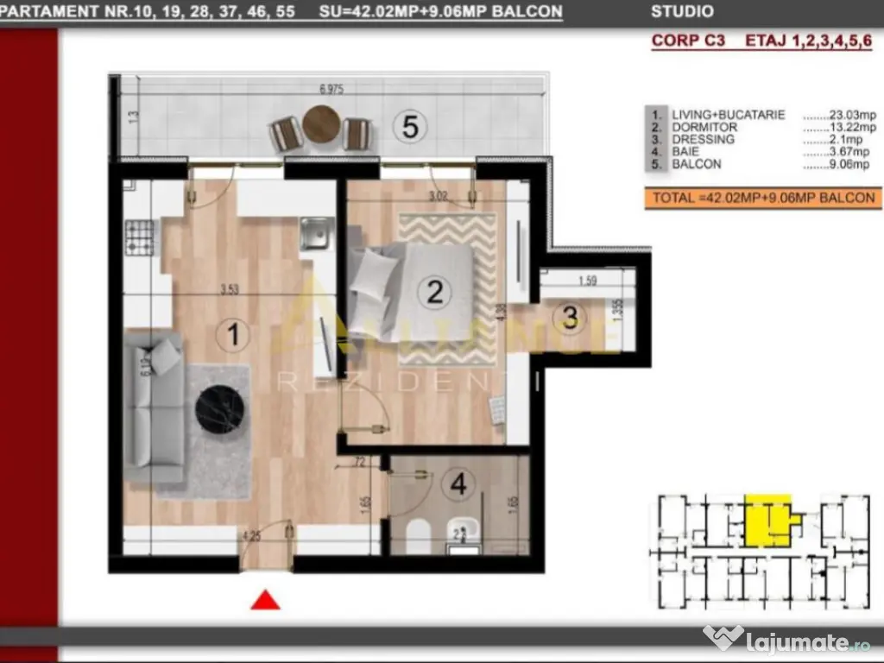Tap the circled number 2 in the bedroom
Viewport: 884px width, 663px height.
pos(435,291)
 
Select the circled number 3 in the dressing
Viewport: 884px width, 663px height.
pos(570,318)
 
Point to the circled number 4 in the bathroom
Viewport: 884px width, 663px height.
pos(458,484)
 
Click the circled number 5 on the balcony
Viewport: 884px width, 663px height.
pos(410,127)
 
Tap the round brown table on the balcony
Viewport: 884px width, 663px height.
pos(320,123)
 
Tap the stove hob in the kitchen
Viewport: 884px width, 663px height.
pos(140,236)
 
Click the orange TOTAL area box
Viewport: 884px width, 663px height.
pos(763,198)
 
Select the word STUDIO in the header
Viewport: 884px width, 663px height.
pos(682,12)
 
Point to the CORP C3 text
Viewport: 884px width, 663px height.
pos(687,41)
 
